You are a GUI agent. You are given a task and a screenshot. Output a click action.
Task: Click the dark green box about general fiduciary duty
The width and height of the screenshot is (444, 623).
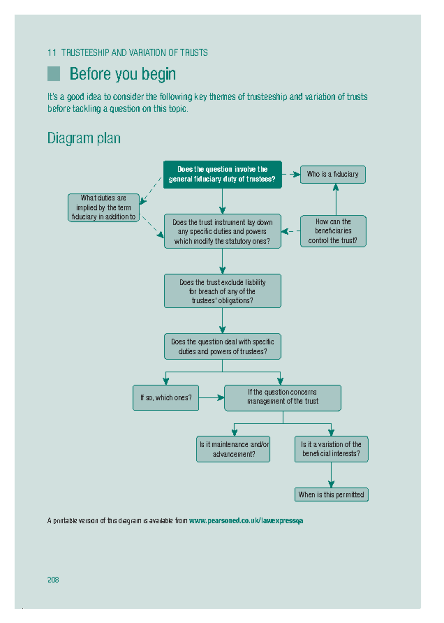(x=222, y=174)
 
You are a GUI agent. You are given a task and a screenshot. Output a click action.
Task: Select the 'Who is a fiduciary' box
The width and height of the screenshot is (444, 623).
(x=333, y=174)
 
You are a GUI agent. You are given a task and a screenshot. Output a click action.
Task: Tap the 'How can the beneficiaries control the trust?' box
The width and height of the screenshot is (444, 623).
(x=333, y=231)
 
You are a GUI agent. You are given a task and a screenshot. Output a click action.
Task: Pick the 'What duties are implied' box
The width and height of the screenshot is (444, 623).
(x=104, y=208)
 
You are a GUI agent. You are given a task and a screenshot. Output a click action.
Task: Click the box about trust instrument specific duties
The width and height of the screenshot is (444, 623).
(x=222, y=231)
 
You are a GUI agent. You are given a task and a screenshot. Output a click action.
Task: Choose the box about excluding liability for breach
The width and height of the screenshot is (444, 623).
(x=222, y=291)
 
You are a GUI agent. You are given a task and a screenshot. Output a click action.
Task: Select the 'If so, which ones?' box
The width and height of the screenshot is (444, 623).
(x=166, y=398)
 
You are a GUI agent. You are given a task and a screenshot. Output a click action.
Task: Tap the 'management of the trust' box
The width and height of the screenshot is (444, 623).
(x=283, y=398)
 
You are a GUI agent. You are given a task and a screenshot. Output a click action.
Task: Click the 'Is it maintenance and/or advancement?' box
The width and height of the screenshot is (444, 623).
(x=233, y=449)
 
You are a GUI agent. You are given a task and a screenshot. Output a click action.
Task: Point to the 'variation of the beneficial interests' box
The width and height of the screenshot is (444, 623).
(x=331, y=449)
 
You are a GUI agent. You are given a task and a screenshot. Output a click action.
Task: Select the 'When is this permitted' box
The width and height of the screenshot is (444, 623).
(x=331, y=495)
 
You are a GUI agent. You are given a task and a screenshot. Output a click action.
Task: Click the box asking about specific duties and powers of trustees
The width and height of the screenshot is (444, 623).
(x=222, y=346)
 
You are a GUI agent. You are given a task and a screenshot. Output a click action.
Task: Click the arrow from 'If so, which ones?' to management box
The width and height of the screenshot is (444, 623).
(x=212, y=398)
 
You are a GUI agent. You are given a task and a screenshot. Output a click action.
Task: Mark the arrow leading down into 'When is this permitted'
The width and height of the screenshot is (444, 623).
(x=331, y=475)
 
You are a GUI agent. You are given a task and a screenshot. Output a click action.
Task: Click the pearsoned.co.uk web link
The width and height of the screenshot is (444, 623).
(x=246, y=521)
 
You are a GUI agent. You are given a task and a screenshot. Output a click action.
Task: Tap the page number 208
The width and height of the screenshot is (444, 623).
(x=53, y=580)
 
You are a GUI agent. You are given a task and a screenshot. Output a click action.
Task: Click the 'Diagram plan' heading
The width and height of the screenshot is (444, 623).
(x=84, y=138)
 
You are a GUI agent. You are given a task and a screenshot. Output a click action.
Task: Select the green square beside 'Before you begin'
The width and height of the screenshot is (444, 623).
(x=54, y=74)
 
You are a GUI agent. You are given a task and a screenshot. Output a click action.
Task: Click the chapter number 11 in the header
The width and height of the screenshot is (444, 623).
(x=51, y=53)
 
